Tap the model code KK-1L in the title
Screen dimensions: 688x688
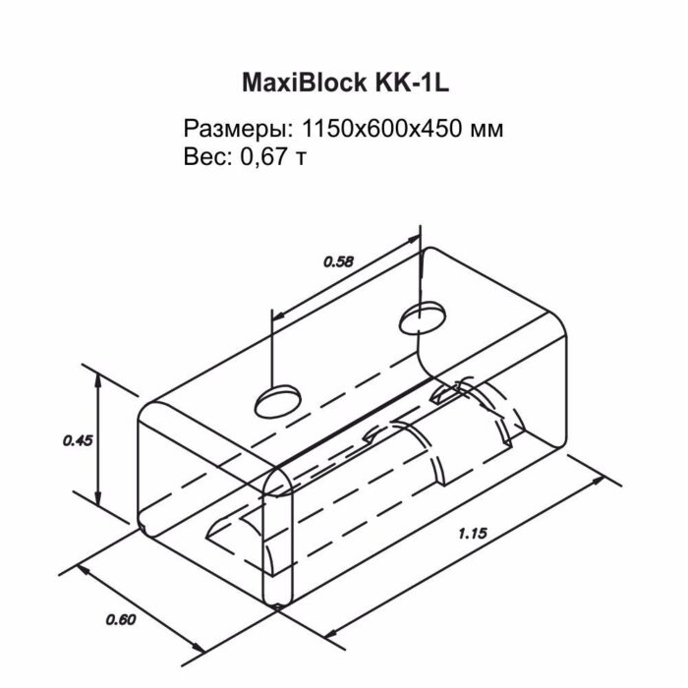404,83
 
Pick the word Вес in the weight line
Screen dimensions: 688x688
203,157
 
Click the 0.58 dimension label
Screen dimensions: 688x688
337,261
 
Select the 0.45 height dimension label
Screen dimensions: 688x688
77,441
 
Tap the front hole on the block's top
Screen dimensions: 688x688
278,398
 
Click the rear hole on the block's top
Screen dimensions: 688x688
420,318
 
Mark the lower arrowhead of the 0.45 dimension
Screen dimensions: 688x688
98,498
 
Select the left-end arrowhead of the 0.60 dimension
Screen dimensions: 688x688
85,571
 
